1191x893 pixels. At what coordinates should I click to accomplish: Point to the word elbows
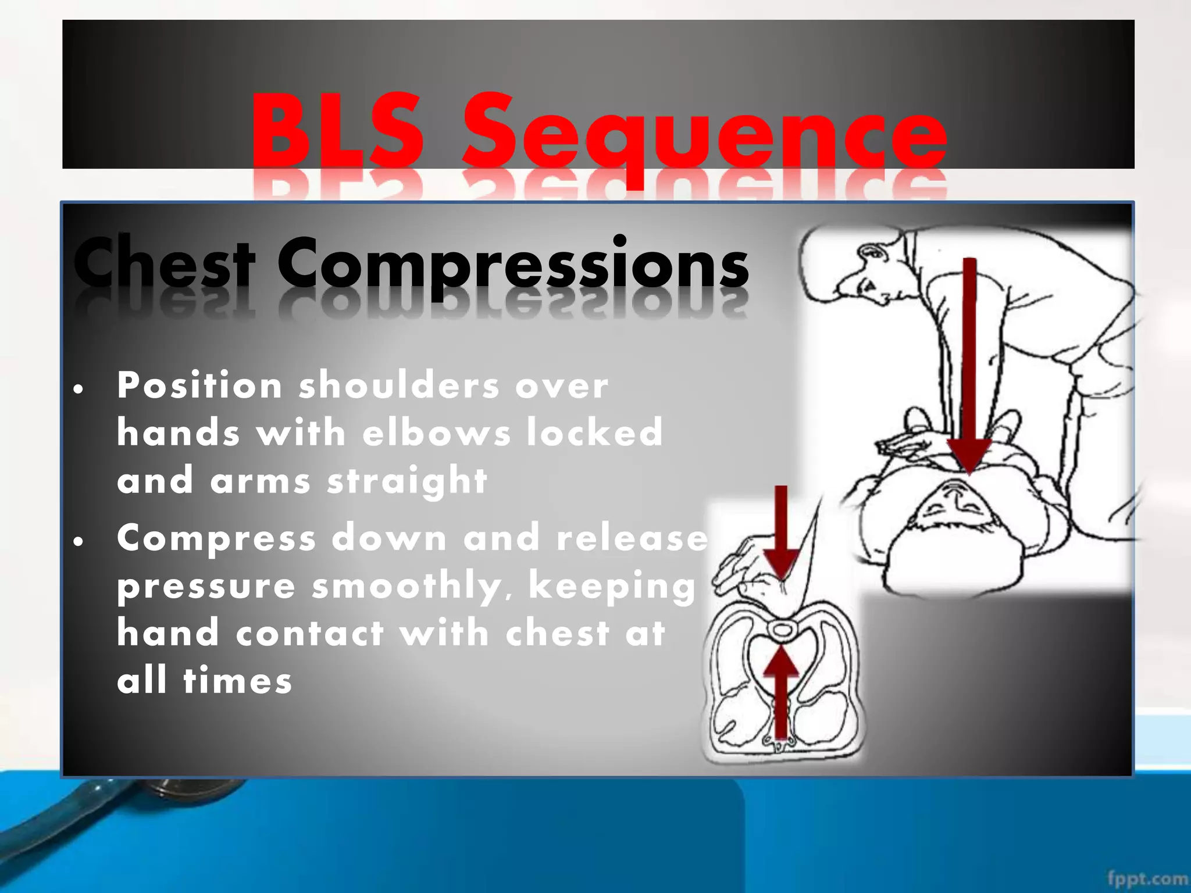point(437,433)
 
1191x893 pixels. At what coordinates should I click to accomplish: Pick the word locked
point(594,433)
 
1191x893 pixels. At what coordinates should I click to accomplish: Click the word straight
point(407,481)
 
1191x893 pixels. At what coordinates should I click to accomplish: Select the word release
point(632,538)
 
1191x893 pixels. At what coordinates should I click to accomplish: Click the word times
point(238,681)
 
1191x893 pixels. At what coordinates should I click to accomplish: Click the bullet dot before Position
point(79,389)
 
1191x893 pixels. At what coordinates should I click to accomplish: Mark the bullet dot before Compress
point(79,542)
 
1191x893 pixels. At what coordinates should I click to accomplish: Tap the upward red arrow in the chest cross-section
point(781,692)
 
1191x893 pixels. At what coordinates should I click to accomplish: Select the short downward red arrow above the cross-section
point(780,532)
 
